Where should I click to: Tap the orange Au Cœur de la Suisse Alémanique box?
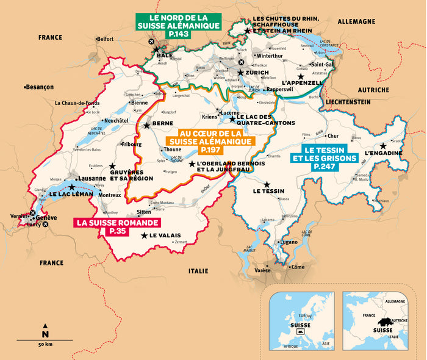coord(209,141)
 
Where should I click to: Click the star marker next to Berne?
coord(146,125)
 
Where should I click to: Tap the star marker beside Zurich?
coord(241,73)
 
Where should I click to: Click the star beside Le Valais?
coord(144,236)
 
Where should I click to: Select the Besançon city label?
coord(40,87)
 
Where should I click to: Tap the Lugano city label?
coord(289,242)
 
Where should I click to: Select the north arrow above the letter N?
coord(45,325)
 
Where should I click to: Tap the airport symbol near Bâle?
coord(151,41)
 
